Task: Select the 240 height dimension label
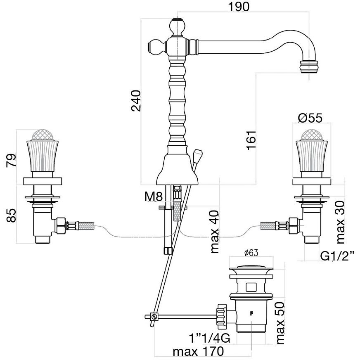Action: point(136,101)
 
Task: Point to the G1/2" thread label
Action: point(339,257)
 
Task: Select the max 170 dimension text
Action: point(198,352)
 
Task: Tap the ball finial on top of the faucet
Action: point(178,28)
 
